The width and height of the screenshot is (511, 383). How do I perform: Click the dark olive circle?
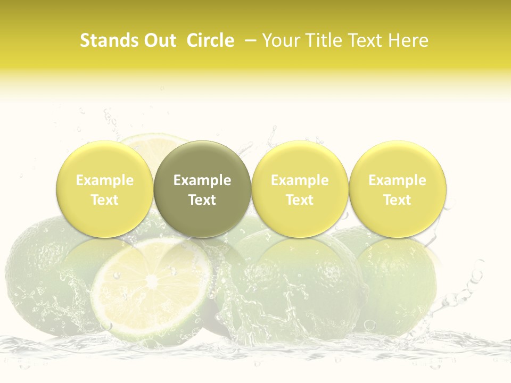point(202,189)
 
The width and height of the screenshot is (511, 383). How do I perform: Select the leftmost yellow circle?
point(105,189)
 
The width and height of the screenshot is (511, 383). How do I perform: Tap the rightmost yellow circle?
point(397,189)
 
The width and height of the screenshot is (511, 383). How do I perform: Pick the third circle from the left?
point(300,189)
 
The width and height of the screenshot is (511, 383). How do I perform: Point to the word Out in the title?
point(158,40)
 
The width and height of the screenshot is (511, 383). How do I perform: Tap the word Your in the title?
point(283,40)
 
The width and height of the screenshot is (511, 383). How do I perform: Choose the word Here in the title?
point(408,40)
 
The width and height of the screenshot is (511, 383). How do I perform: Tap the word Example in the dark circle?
point(202,180)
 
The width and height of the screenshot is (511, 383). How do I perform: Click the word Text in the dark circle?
point(202,200)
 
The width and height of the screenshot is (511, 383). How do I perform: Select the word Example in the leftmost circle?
point(105,180)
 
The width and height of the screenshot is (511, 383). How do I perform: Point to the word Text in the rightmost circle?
point(397,200)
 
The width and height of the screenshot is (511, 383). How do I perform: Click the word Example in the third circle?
point(300,180)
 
